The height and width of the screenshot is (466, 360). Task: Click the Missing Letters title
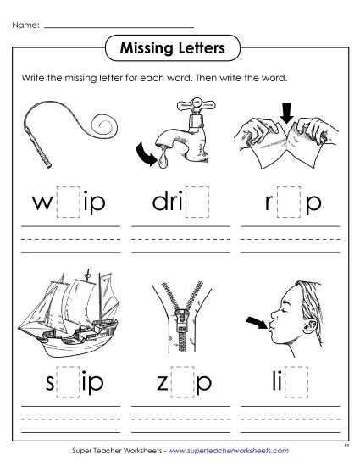point(180,48)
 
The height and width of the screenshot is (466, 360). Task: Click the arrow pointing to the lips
point(252,323)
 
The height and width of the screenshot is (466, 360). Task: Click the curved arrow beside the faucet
point(145,154)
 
